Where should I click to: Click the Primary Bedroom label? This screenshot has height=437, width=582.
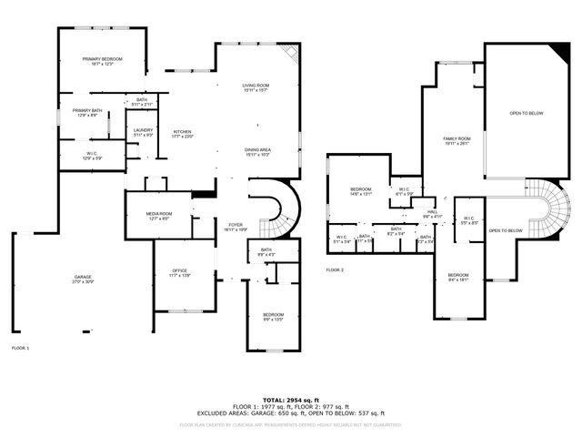pyautogui.click(x=102, y=61)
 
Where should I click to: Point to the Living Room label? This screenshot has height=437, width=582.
pyautogui.click(x=256, y=87)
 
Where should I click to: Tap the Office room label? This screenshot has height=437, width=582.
pyautogui.click(x=180, y=272)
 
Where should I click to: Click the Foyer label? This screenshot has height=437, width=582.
pyautogui.click(x=236, y=227)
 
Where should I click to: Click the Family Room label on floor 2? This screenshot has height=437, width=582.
pyautogui.click(x=457, y=140)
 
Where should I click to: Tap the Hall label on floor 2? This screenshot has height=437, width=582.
pyautogui.click(x=432, y=214)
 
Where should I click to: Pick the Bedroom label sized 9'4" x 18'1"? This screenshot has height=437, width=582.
pyautogui.click(x=457, y=278)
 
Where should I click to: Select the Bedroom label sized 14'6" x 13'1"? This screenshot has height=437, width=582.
pyautogui.click(x=361, y=191)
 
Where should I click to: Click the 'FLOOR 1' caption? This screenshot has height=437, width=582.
pyautogui.click(x=20, y=349)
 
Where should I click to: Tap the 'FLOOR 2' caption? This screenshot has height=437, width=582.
pyautogui.click(x=335, y=270)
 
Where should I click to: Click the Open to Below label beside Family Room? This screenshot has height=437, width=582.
pyautogui.click(x=527, y=113)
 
